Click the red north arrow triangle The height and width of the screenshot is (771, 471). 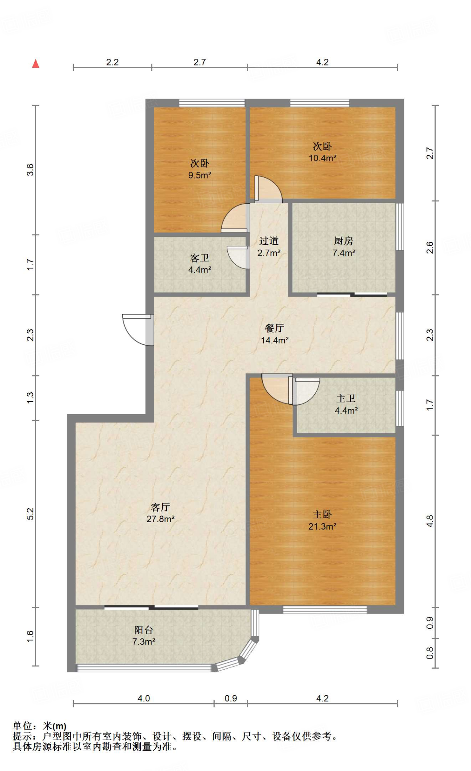(36, 64)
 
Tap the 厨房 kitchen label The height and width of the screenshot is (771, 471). (343, 241)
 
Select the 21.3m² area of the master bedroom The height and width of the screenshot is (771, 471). (322, 526)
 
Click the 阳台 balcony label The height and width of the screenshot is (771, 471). (144, 630)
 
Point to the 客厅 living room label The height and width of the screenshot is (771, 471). (160, 507)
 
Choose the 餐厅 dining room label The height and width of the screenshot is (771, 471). (274, 328)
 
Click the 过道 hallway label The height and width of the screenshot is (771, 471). (269, 241)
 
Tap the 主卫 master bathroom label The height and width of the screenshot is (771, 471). (346, 398)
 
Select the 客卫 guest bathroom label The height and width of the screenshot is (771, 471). (200, 258)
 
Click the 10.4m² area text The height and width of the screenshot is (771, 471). (323, 158)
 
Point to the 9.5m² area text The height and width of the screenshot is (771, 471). (200, 175)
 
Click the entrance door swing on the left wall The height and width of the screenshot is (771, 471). (138, 330)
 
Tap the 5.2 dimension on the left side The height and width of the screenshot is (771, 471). (30, 514)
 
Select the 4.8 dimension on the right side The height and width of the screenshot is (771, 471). (430, 521)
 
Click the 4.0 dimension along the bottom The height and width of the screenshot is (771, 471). (143, 698)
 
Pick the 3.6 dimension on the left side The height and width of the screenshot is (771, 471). (30, 170)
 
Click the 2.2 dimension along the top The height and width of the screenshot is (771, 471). (112, 62)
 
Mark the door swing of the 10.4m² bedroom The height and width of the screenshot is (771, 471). (268, 189)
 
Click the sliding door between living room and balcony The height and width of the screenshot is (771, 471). (151, 607)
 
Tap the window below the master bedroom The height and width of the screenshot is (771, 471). (325, 609)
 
